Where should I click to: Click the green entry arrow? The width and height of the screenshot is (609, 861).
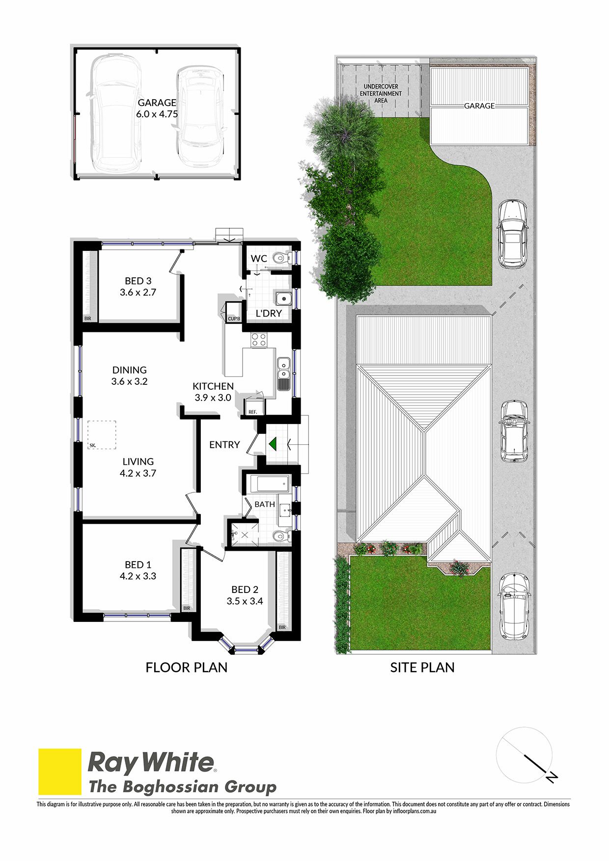(x=274, y=444)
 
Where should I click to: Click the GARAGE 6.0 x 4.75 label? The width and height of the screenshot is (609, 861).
(x=157, y=108)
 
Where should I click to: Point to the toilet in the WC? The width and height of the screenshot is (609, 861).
(x=280, y=258)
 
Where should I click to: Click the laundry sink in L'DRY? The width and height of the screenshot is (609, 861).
(x=283, y=298)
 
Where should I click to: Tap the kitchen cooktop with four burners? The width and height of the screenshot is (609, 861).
(x=259, y=340)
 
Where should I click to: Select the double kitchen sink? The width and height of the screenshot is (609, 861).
(x=283, y=374)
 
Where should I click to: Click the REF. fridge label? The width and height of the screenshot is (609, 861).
(x=252, y=412)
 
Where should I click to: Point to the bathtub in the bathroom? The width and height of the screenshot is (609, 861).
(x=268, y=484)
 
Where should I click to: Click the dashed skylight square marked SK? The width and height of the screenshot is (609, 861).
(x=102, y=435)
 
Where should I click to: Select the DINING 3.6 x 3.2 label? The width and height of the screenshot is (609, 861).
(x=130, y=376)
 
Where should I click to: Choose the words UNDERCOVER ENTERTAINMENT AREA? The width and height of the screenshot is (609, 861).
(x=381, y=93)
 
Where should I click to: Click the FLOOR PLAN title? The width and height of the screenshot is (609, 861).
(x=187, y=668)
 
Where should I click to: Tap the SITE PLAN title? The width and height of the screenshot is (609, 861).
(x=422, y=668)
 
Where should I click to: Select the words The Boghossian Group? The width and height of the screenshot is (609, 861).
(x=183, y=787)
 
